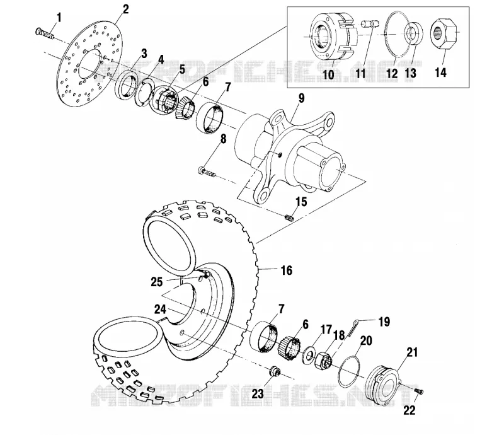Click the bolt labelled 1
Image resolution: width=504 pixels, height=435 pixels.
coord(44,33)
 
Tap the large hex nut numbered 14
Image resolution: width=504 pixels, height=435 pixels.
coord(445,33)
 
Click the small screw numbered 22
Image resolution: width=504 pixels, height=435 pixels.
coord(419,391)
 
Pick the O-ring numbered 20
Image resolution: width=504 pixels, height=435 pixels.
coord(349,371)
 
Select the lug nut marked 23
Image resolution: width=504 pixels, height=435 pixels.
coord(275,371)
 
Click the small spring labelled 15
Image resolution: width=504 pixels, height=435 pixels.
coord(289,218)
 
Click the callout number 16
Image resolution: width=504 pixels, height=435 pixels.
coord(287,270)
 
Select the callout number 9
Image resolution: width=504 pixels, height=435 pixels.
coord(301,99)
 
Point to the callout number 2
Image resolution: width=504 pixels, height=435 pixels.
coord(125,9)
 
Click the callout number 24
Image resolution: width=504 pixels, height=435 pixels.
coord(160,310)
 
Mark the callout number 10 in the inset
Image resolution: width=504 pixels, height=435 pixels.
coord(328,74)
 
